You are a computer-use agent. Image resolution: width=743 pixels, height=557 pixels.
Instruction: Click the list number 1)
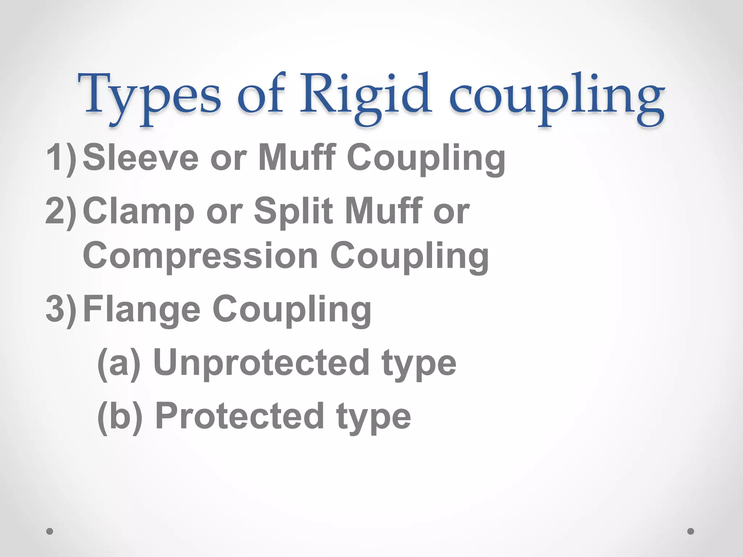(61, 157)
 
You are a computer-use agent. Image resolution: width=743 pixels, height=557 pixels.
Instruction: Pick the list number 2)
(61, 211)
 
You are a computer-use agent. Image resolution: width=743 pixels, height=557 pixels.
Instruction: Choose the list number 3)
(61, 309)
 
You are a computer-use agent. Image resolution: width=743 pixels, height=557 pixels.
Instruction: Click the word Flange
(141, 309)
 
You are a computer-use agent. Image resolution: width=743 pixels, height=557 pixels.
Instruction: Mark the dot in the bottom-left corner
(50, 531)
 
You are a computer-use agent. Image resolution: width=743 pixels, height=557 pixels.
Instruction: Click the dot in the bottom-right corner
(691, 531)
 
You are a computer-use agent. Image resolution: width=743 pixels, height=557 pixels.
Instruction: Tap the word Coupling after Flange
(292, 309)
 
